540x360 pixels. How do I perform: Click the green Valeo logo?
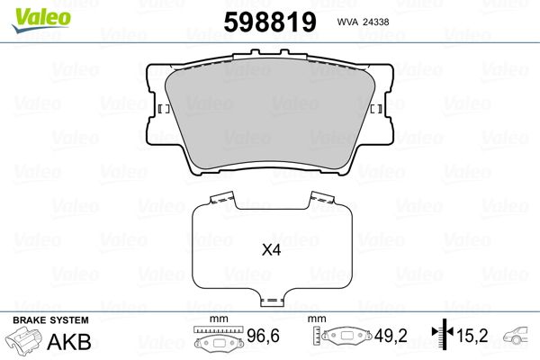coord(41,20)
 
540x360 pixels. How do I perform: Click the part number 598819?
coord(270,22)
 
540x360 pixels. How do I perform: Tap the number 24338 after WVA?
coord(377,22)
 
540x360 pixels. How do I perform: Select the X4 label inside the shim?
coord(272,250)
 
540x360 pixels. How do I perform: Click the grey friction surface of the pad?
coord(270,113)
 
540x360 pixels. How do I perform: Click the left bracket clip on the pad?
coord(164,109)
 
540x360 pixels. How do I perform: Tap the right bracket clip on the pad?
coord(376,109)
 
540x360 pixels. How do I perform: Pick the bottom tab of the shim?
coord(272,300)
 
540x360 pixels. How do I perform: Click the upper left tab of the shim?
coord(222,198)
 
